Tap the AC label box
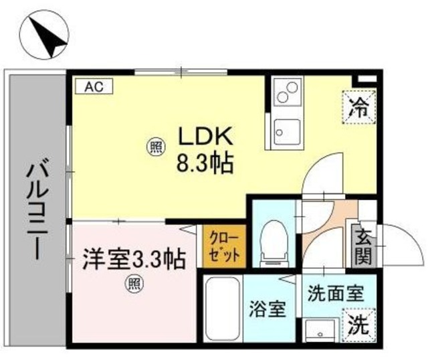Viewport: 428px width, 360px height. coord(93,86)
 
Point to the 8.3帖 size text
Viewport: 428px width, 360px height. coord(204,163)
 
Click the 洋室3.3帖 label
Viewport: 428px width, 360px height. coord(134,258)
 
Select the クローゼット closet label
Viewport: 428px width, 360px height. coord(224,247)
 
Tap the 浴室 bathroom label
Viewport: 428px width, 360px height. coord(268,309)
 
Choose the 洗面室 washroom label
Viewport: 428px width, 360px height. coord(335,292)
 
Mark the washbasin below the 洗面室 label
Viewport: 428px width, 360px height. coord(319,330)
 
